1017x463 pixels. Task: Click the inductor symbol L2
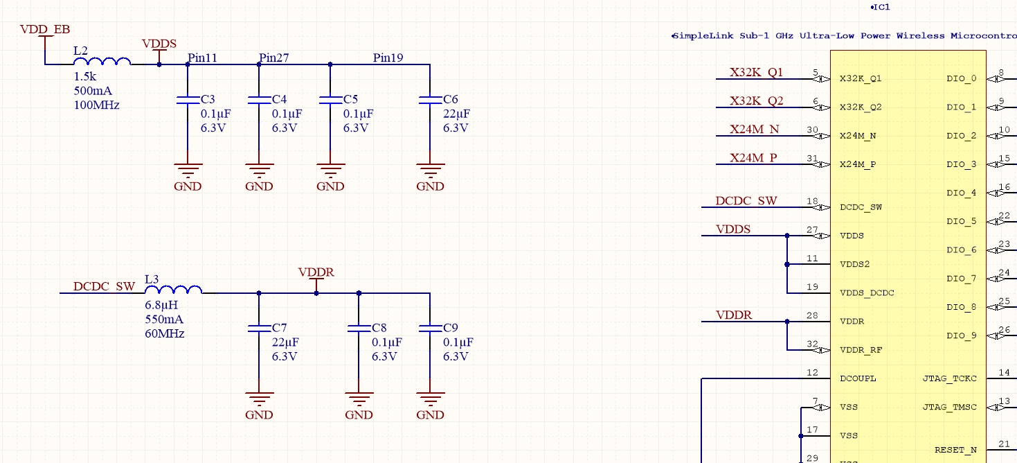(102, 62)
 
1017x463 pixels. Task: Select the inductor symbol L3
(173, 290)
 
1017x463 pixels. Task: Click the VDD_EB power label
(44, 29)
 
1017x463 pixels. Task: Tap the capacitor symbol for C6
(430, 101)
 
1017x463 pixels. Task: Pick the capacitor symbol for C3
(188, 101)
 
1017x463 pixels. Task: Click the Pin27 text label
(274, 58)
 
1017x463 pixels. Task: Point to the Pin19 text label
(388, 58)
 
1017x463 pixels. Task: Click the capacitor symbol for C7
(259, 329)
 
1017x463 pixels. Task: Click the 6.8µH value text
(161, 305)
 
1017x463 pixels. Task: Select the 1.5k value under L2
(85, 76)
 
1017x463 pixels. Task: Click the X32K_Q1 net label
(756, 72)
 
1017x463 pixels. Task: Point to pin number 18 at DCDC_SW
(812, 202)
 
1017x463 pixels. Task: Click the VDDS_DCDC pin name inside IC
(867, 293)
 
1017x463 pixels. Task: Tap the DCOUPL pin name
(858, 379)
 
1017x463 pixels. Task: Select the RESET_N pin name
(955, 451)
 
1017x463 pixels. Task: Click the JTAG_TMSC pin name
(950, 408)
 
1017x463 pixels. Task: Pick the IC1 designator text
(881, 7)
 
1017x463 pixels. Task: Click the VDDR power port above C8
(316, 273)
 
